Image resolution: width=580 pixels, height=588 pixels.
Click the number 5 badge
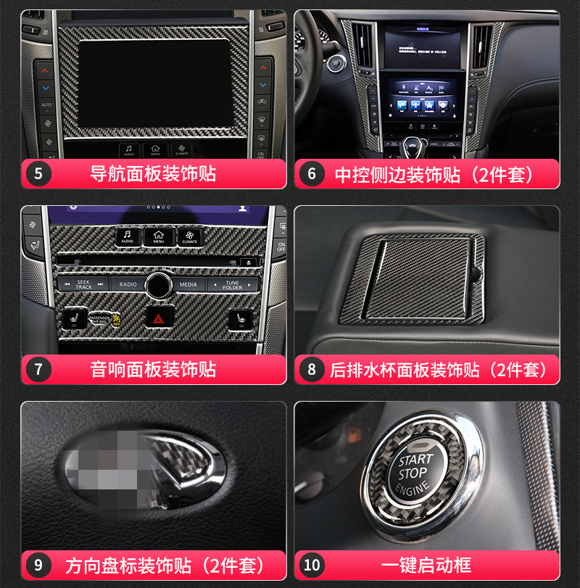[x=38, y=174]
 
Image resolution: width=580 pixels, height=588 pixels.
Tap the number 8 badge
[x=312, y=369]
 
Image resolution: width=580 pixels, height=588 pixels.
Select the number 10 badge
[x=312, y=565]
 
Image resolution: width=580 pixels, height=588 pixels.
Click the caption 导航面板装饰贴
[x=153, y=174]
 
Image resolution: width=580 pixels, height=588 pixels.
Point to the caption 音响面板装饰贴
[x=153, y=369]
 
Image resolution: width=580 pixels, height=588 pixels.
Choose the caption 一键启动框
[x=426, y=565]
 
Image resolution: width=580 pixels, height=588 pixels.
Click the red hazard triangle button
[x=156, y=318]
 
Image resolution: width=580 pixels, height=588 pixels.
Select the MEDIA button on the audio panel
[x=188, y=285]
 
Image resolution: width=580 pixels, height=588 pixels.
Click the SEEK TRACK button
[x=83, y=285]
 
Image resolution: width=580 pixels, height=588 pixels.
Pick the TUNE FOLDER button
[x=232, y=285]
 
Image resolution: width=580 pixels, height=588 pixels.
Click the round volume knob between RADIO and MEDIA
[x=157, y=283]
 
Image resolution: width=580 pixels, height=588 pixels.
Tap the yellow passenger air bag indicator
[x=116, y=320]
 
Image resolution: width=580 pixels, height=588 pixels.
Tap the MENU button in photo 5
[x=156, y=150]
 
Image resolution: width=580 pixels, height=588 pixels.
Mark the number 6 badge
[x=312, y=174]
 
